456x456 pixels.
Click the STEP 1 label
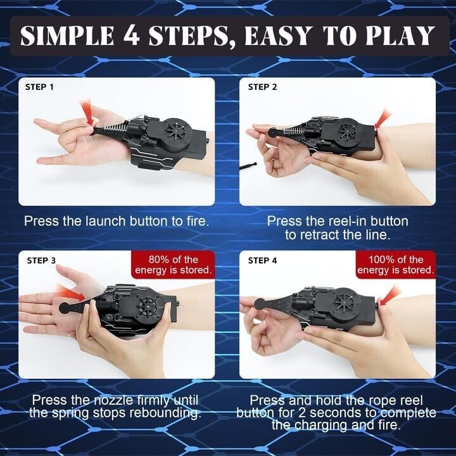click(x=39, y=87)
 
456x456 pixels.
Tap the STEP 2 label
click(x=262, y=87)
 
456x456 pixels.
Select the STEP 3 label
click(x=41, y=260)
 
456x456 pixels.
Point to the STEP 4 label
click(x=262, y=260)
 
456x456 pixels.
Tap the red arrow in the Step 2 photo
click(x=383, y=118)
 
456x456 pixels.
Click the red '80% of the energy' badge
click(x=173, y=265)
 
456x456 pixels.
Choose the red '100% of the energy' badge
click(x=395, y=265)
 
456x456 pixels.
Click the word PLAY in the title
click(x=400, y=35)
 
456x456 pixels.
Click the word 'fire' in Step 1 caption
click(x=198, y=221)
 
